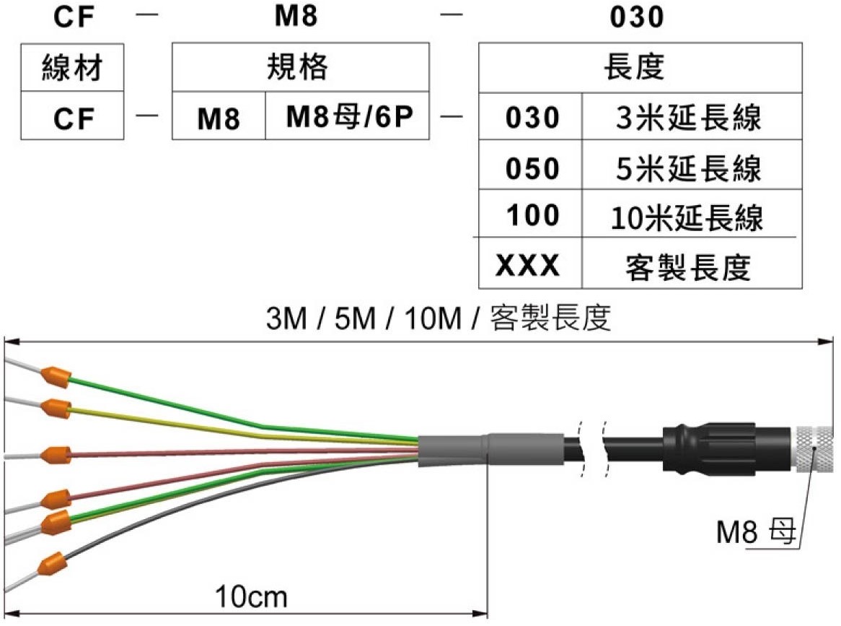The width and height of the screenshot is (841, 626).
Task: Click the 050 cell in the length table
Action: (x=530, y=165)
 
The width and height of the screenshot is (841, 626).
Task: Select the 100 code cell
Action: (x=530, y=213)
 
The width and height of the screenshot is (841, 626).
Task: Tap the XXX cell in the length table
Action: (x=530, y=263)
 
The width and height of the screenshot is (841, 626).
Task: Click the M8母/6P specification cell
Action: (x=348, y=116)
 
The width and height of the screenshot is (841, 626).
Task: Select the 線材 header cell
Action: (x=72, y=68)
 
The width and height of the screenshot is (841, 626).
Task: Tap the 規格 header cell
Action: (x=300, y=67)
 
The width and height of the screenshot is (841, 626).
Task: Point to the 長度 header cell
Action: (x=640, y=68)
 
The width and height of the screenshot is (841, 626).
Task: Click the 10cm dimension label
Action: (x=251, y=596)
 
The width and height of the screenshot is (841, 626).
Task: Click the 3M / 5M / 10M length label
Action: (x=439, y=317)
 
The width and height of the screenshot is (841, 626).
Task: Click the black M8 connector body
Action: (x=728, y=449)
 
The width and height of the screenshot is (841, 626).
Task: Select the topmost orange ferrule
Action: (x=56, y=376)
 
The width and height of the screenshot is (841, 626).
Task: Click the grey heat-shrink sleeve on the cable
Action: (x=490, y=450)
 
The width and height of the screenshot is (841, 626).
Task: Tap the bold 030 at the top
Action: (x=637, y=17)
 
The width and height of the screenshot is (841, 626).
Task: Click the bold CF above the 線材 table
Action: (x=74, y=17)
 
